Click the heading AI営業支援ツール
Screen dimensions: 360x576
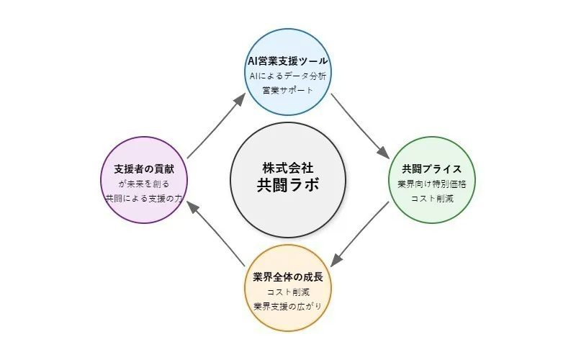tap(288, 60)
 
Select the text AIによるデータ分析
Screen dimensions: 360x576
tap(288, 76)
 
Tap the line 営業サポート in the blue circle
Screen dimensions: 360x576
tap(288, 91)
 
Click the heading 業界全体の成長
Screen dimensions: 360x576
tap(288, 276)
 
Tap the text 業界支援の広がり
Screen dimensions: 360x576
tap(288, 307)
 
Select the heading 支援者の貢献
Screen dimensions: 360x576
tap(144, 169)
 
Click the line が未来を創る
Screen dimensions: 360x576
tap(144, 184)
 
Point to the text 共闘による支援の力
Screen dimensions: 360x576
tap(144, 199)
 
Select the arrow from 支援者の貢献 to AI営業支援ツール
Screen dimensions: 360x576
tap(215, 123)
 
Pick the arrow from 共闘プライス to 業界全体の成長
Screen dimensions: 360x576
tap(362, 236)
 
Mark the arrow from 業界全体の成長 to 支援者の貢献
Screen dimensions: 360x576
tap(214, 235)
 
